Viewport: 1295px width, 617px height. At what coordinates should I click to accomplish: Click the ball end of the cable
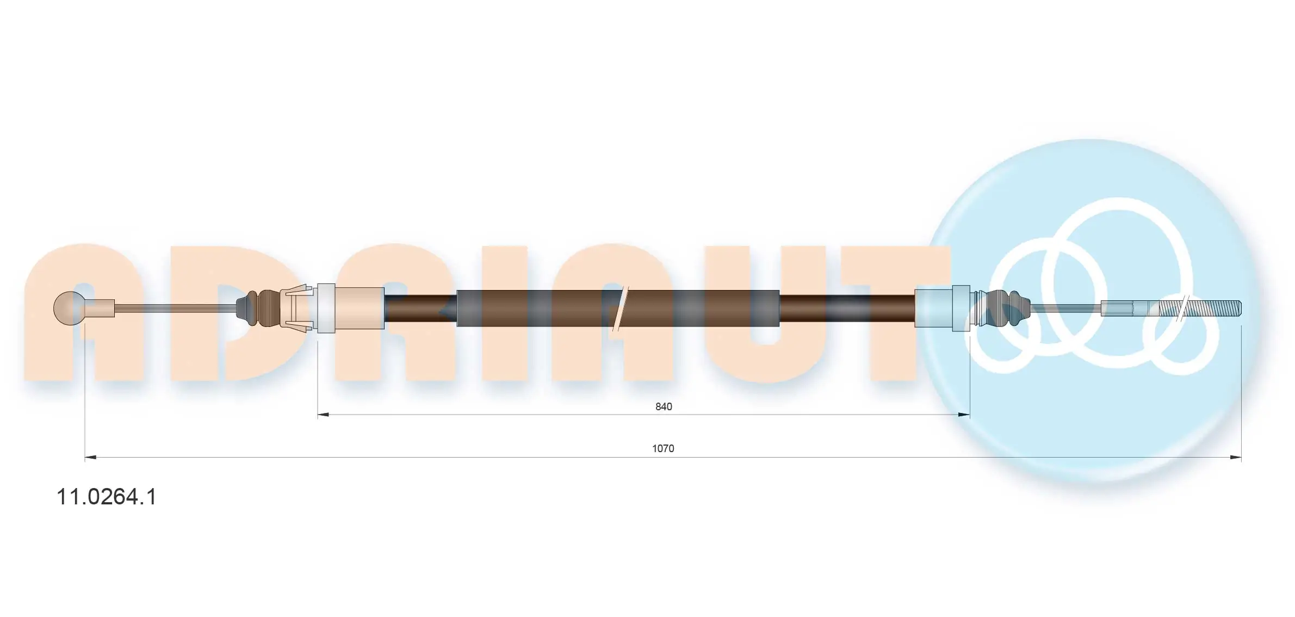[70, 308]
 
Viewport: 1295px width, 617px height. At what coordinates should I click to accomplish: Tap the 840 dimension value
[664, 407]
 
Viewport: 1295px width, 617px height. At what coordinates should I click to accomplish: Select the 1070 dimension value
[663, 449]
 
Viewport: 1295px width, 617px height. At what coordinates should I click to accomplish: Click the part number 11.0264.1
[107, 497]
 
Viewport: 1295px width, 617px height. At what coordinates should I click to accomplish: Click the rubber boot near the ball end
[258, 309]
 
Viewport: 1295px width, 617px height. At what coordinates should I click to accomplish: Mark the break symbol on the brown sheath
[620, 309]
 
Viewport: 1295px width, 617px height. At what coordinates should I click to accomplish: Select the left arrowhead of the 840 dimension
[323, 415]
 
